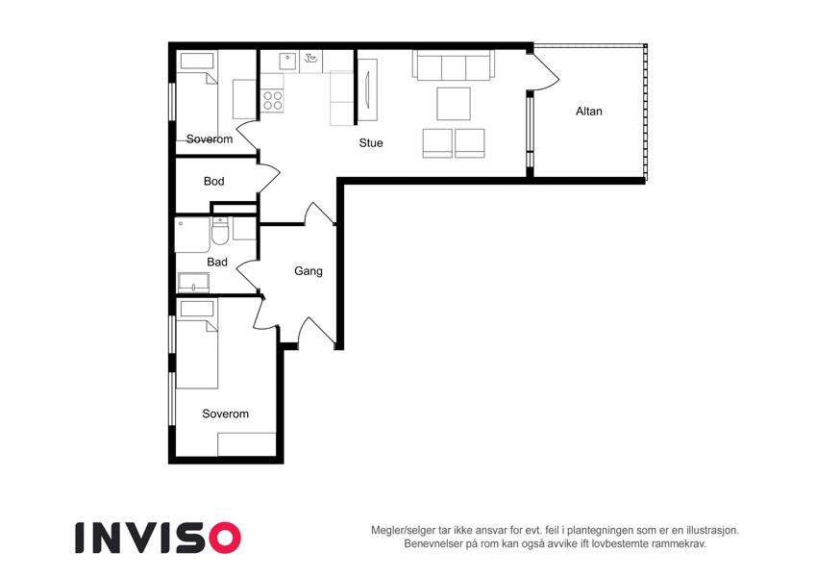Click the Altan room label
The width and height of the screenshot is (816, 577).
click(x=588, y=111)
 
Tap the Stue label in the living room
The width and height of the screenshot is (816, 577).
click(x=371, y=142)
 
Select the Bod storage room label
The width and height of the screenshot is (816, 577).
click(x=214, y=181)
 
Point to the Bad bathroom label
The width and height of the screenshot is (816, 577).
click(x=217, y=262)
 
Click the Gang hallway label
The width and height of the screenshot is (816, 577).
click(x=309, y=271)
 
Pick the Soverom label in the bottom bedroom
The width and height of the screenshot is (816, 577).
click(x=225, y=414)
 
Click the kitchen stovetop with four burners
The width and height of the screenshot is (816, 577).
click(x=272, y=101)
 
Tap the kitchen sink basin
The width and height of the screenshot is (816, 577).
click(x=287, y=62)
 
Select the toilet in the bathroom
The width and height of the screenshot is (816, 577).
click(x=220, y=231)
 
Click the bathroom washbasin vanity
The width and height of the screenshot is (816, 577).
click(x=193, y=283)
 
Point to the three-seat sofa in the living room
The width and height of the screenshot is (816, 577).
click(x=454, y=65)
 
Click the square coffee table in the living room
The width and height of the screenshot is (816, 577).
click(x=454, y=104)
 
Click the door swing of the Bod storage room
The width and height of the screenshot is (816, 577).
click(x=269, y=179)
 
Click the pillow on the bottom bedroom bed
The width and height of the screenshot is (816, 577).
click(x=197, y=309)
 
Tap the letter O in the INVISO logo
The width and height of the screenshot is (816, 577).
click(x=224, y=538)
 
